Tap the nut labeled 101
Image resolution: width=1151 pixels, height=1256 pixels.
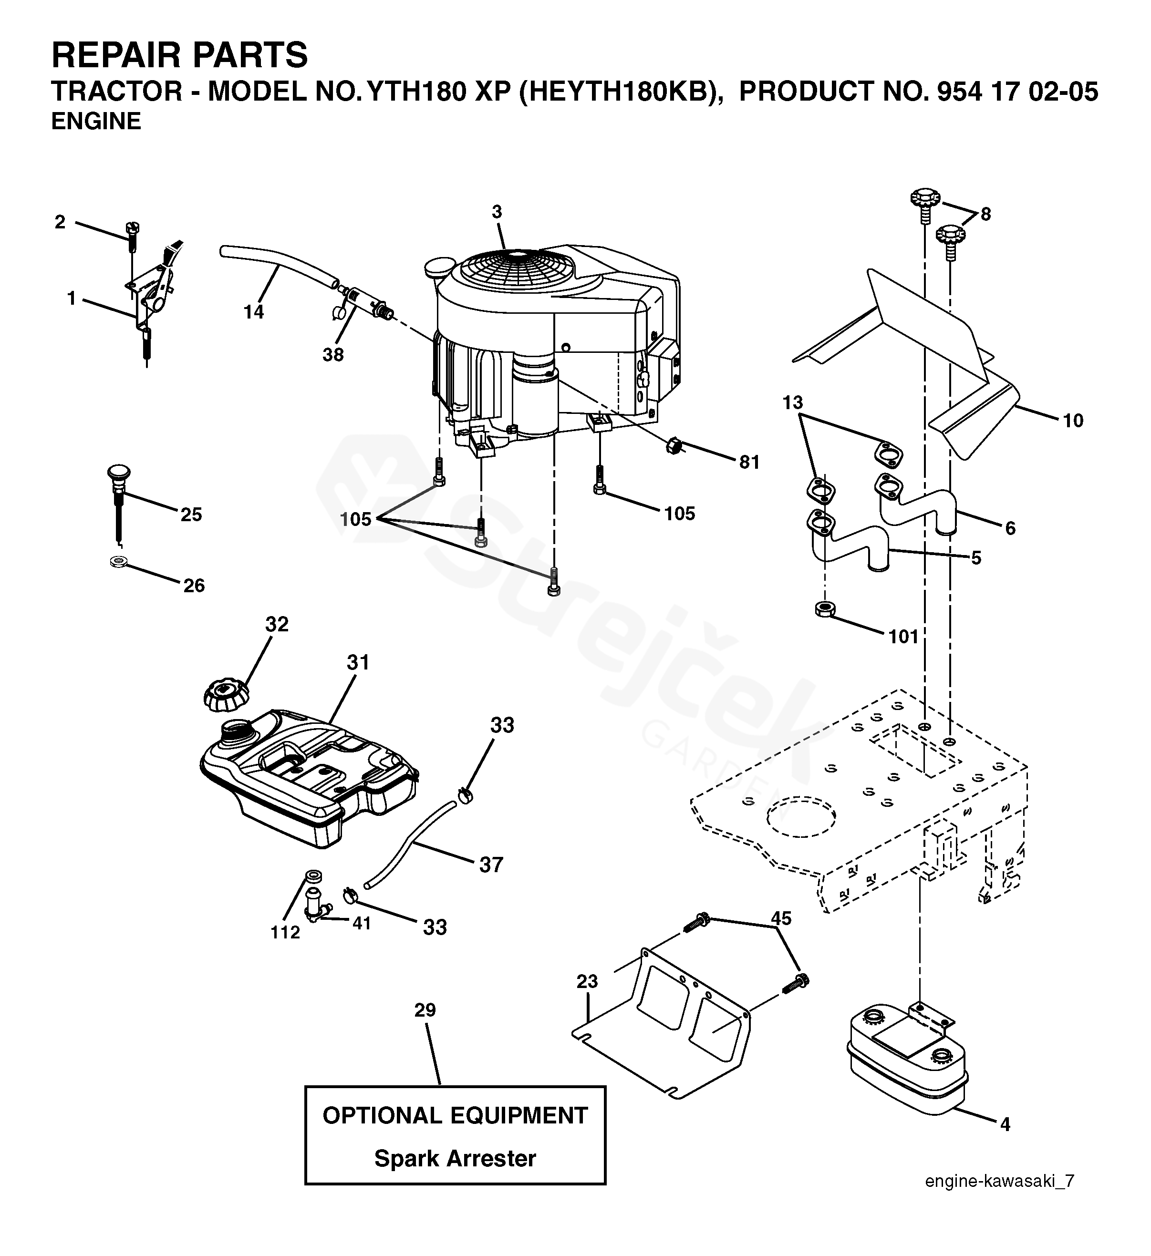tap(825, 608)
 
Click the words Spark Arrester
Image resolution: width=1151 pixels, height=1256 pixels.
tap(455, 1158)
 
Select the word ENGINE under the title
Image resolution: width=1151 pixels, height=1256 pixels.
tap(96, 122)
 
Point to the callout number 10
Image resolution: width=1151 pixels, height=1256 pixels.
tap(1073, 421)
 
